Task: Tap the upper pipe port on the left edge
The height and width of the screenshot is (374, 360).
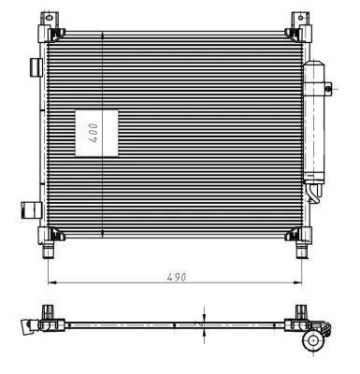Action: (x=36, y=67)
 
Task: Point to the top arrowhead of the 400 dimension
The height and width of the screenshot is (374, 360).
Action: (x=102, y=36)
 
